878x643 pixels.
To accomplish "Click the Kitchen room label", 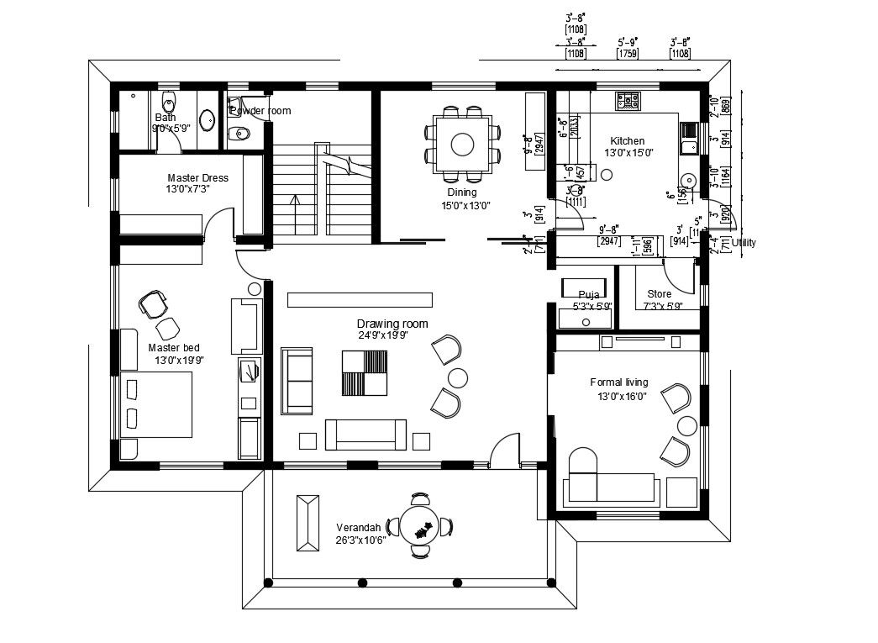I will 627,141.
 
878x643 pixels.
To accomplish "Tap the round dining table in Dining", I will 462,145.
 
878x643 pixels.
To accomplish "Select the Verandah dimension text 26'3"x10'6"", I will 360,540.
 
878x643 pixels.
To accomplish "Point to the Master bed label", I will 174,347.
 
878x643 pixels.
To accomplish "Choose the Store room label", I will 659,294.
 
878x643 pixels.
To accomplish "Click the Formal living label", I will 618,382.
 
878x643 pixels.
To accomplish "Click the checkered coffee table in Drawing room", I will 365,372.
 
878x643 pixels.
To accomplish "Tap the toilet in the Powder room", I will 239,132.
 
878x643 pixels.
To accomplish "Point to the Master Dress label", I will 197,178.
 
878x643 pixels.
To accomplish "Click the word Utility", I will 744,243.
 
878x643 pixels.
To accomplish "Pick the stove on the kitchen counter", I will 627,101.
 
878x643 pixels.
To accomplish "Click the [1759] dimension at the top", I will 627,54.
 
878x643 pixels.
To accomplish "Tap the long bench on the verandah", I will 307,522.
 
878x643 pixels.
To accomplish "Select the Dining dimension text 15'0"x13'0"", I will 466,204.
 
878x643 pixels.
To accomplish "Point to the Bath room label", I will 165,118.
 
